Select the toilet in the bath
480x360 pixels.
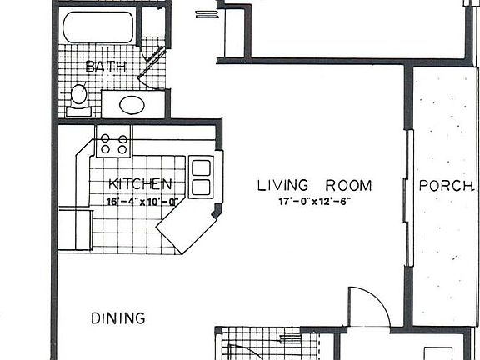click(x=79, y=96)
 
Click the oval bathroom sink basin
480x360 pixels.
click(x=131, y=105)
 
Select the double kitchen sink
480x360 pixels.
click(x=202, y=177)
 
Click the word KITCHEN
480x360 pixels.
click(x=141, y=184)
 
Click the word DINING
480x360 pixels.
click(x=117, y=317)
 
